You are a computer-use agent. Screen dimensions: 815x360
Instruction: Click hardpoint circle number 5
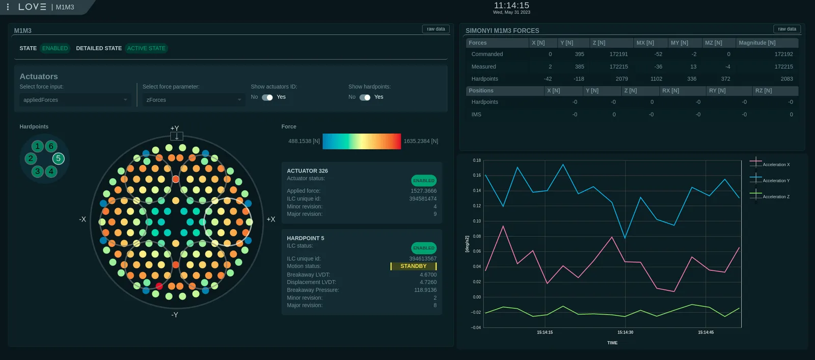pyautogui.click(x=58, y=158)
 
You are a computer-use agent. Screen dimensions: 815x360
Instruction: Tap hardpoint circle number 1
pyautogui.click(x=37, y=146)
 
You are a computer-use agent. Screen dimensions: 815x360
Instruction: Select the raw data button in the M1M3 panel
pyautogui.click(x=436, y=29)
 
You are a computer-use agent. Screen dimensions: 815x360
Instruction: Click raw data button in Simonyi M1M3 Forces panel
pyautogui.click(x=786, y=29)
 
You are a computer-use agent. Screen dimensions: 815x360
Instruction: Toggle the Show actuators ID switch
pyautogui.click(x=267, y=97)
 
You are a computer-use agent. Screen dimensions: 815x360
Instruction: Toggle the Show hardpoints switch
pyautogui.click(x=365, y=97)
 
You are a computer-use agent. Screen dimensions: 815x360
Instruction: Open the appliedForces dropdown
pyautogui.click(x=75, y=100)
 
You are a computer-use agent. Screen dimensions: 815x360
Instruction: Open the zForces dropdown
pyautogui.click(x=194, y=100)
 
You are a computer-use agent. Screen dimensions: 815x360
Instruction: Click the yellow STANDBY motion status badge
pyautogui.click(x=413, y=266)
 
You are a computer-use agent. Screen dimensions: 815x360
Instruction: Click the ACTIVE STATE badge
pyautogui.click(x=146, y=48)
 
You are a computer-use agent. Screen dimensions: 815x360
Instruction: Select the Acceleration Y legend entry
pyautogui.click(x=770, y=180)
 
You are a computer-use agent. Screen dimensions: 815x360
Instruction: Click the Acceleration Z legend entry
pyautogui.click(x=770, y=197)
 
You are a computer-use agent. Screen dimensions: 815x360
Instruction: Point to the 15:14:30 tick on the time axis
pyautogui.click(x=625, y=333)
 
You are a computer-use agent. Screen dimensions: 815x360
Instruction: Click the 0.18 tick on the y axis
pyautogui.click(x=477, y=160)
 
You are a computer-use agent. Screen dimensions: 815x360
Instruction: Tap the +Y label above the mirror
pyautogui.click(x=175, y=128)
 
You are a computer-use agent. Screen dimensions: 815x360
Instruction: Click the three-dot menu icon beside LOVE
pyautogui.click(x=8, y=7)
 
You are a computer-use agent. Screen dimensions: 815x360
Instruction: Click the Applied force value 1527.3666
pyautogui.click(x=423, y=191)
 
